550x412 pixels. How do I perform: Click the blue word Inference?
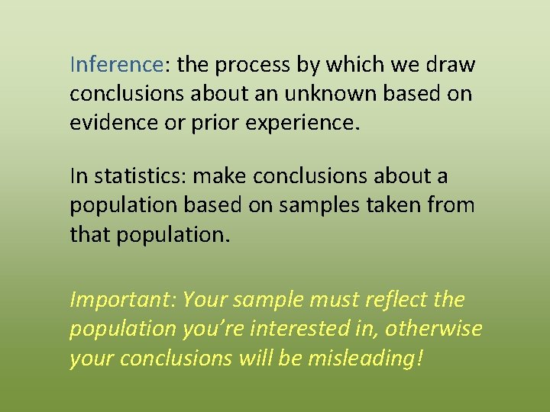[x=116, y=66]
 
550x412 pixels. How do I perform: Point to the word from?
[x=455, y=206]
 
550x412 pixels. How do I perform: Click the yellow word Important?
[x=121, y=300]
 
